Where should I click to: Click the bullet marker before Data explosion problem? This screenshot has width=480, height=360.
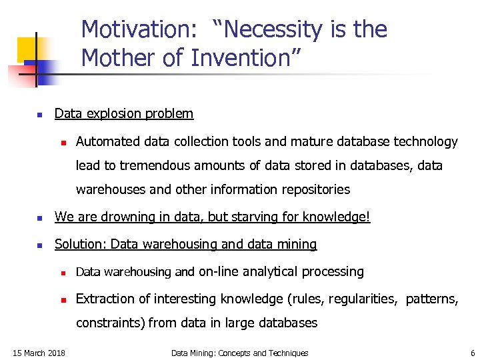pyautogui.click(x=39, y=114)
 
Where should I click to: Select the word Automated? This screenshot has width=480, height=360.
pyautogui.click(x=106, y=141)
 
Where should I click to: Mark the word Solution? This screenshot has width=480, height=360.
pyautogui.click(x=81, y=244)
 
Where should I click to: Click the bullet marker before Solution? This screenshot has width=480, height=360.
pyautogui.click(x=39, y=245)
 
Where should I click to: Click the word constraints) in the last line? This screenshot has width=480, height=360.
pyautogui.click(x=110, y=323)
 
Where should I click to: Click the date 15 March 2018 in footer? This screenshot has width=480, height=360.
pyautogui.click(x=39, y=353)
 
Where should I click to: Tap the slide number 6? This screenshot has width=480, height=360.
pyautogui.click(x=472, y=353)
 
